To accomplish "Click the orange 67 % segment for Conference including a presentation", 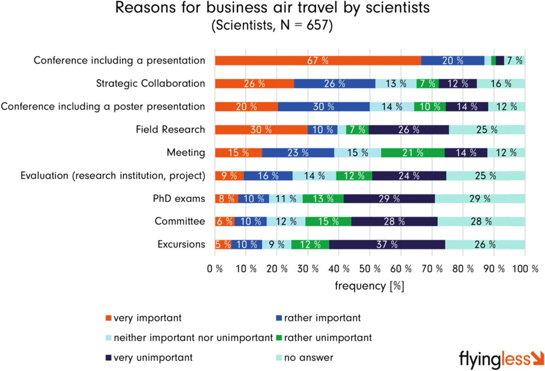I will tap(318, 61).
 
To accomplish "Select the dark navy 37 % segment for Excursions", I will tap(387, 245).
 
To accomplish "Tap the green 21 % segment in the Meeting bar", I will tap(413, 153).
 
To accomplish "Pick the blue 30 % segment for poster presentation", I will tap(324, 107).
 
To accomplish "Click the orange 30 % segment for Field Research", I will tap(261, 130).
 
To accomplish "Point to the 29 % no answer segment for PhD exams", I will tap(480, 198).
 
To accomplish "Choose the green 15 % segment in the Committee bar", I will tap(328, 222).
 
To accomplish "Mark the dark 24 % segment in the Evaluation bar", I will tap(409, 176).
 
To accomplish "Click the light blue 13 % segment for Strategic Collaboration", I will tap(396, 84).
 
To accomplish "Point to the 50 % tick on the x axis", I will tap(370, 269).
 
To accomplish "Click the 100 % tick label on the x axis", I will tap(524, 269).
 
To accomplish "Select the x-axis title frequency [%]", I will tap(369, 286).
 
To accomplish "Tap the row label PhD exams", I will tap(179, 198).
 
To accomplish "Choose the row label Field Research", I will tap(170, 130).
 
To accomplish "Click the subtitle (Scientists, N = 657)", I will tap(272, 26).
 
